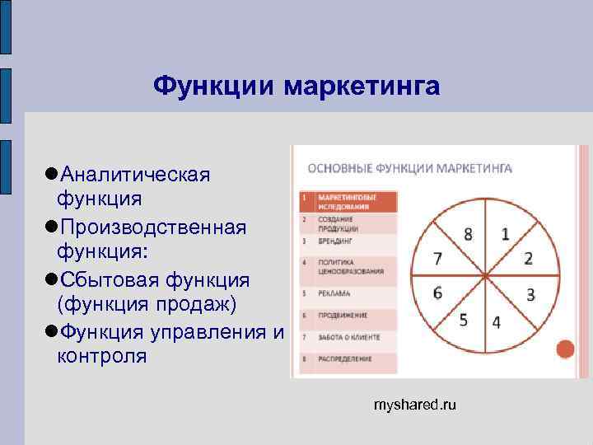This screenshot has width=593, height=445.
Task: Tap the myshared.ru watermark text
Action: click(x=414, y=405)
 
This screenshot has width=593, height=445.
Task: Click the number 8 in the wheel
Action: click(x=468, y=234)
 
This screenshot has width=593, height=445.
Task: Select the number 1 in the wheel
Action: click(x=505, y=234)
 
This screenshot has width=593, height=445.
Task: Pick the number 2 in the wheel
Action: click(x=528, y=259)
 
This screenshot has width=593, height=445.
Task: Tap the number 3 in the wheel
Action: click(x=531, y=294)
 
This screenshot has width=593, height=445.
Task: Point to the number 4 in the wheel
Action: click(x=496, y=322)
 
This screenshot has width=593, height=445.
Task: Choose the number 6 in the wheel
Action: click(x=437, y=293)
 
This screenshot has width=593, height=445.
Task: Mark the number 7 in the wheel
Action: click(x=438, y=259)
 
